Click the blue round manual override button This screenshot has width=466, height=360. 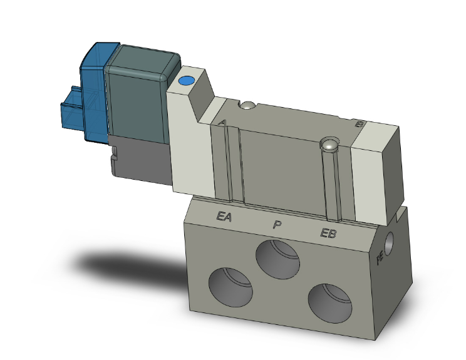point(186,81)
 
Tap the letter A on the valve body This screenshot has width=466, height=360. point(221,123)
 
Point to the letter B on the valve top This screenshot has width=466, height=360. point(359,124)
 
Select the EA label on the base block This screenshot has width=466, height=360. point(224,217)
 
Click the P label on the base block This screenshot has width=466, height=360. point(276,224)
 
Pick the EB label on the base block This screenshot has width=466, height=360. point(328,234)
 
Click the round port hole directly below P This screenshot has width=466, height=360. point(277,259)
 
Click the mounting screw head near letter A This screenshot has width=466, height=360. point(249,105)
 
